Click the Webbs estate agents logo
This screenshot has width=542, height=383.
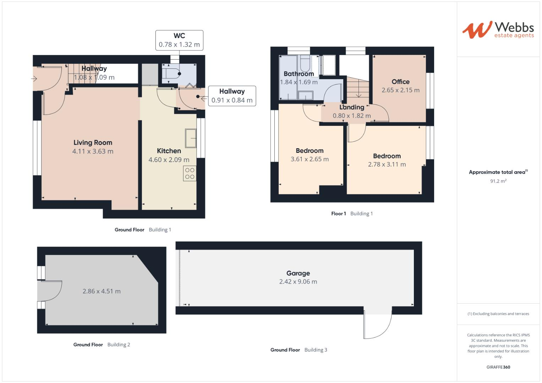(498, 29)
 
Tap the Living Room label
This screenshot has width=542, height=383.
(93, 143)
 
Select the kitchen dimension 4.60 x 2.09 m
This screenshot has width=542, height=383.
(169, 160)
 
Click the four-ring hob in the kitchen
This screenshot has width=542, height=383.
(190, 173)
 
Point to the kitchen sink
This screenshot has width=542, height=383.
(190, 138)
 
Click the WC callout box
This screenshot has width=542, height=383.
(179, 40)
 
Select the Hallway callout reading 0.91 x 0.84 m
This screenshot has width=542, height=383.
(232, 96)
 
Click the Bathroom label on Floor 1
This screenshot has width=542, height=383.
(299, 74)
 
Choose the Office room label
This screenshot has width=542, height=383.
(400, 82)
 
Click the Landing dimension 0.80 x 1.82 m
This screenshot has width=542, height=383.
(351, 116)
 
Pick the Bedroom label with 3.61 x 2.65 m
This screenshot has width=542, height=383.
(310, 151)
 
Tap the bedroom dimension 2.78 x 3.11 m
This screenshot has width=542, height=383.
(387, 165)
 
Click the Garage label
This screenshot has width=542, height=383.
(298, 273)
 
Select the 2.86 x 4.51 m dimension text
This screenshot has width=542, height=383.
(102, 291)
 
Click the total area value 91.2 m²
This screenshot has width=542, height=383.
(498, 181)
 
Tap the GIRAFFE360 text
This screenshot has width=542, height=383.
(498, 367)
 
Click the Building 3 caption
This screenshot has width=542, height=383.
(316, 350)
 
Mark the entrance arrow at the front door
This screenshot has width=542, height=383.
(34, 79)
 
